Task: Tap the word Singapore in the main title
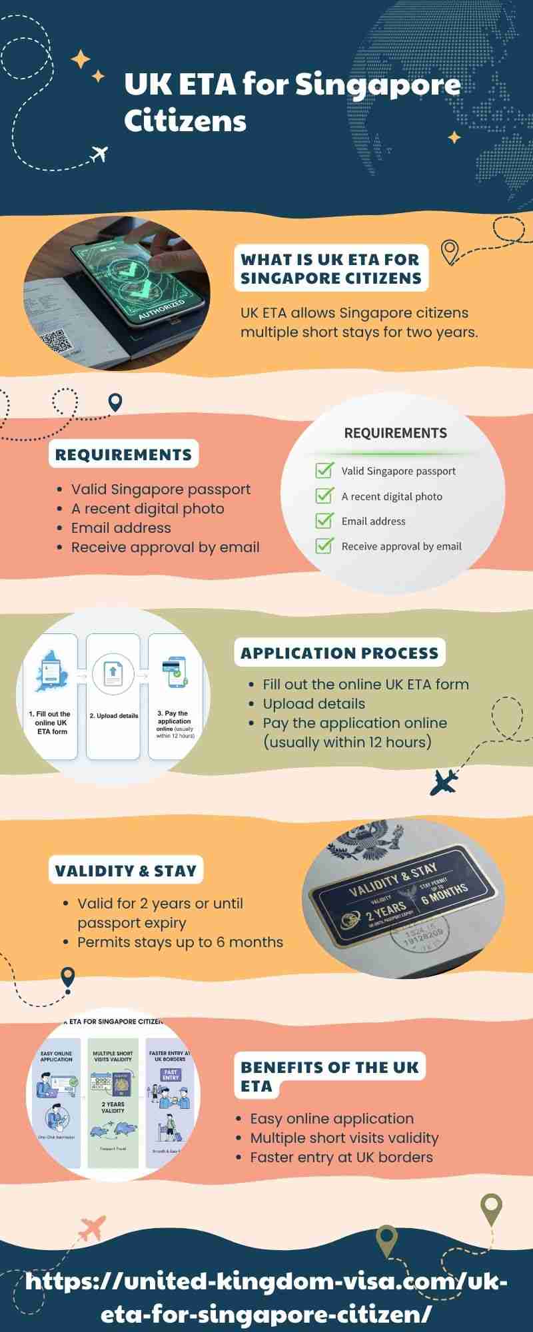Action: [x=377, y=85]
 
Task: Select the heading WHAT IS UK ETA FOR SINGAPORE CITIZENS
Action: [x=331, y=268]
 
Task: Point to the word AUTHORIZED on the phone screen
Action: [x=162, y=310]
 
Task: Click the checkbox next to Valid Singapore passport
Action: [x=324, y=470]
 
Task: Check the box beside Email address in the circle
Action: [x=324, y=521]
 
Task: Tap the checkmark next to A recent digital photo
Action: [x=324, y=496]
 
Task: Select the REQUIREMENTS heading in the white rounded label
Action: [x=123, y=455]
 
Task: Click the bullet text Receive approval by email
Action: [x=165, y=547]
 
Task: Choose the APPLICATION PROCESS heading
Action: [x=339, y=653]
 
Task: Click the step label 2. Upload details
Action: [x=114, y=716]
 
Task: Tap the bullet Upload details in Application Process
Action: [x=314, y=704]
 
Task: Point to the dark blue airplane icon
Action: [x=443, y=782]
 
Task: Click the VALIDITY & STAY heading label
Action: [x=125, y=871]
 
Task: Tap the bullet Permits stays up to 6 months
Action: [x=180, y=942]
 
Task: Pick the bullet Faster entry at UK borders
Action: [x=341, y=1158]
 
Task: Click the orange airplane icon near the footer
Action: [x=93, y=1227]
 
